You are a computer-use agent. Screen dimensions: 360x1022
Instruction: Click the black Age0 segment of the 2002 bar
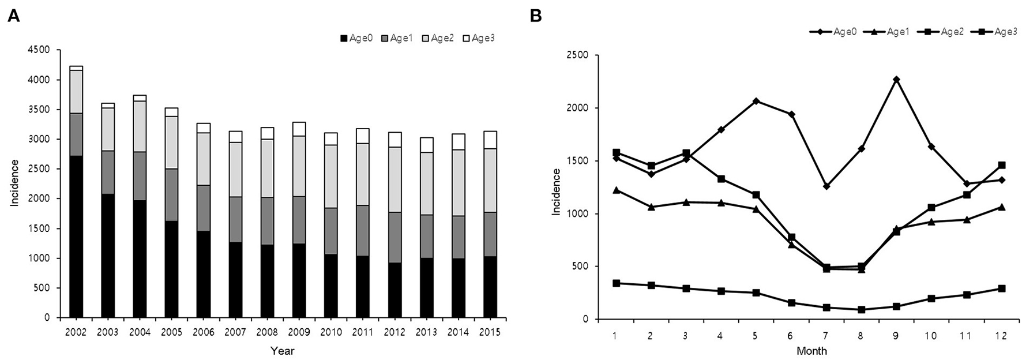76,237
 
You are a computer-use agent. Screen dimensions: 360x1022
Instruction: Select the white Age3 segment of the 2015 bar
490,140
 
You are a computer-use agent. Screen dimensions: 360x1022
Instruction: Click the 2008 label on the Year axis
268,332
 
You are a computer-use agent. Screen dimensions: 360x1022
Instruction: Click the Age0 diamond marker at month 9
896,80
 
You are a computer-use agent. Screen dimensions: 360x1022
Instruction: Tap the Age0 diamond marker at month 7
826,186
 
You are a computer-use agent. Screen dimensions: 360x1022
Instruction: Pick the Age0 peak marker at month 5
756,101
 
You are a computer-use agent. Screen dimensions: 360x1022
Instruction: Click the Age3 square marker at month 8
861,310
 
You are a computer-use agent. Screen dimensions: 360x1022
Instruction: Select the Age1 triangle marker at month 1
615,190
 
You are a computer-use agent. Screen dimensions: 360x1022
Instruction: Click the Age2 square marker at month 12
1002,165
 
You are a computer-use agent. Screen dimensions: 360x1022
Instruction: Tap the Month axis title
811,351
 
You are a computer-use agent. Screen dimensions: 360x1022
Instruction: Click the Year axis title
283,351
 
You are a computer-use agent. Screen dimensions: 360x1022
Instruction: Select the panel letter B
536,16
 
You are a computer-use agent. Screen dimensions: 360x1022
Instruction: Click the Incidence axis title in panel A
14,183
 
